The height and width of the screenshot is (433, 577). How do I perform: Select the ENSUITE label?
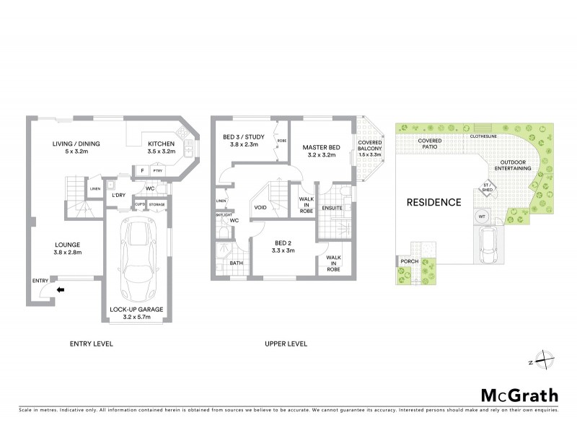tap(331, 209)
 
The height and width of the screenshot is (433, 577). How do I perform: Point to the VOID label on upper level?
tap(261, 208)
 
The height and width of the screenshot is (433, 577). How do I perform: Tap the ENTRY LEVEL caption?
tap(91, 344)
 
